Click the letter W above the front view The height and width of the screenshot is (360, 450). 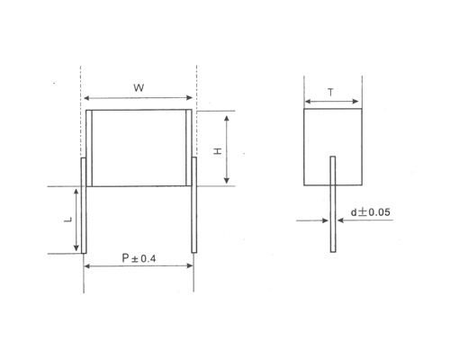click(x=137, y=87)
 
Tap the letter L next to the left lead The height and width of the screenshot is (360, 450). click(x=67, y=220)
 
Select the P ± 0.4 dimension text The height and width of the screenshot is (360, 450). click(x=139, y=257)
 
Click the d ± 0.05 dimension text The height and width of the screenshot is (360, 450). click(x=370, y=213)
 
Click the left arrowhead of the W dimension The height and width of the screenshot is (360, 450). click(x=86, y=98)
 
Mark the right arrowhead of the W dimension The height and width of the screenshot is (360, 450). click(x=189, y=98)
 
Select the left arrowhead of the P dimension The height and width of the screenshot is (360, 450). click(x=86, y=267)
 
